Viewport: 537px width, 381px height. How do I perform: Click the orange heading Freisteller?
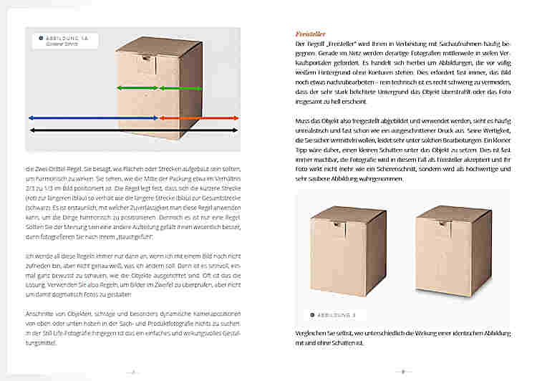312,33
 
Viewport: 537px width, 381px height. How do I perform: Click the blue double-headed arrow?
93,117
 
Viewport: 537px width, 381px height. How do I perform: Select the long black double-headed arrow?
133,130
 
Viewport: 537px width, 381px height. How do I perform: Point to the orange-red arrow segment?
198,117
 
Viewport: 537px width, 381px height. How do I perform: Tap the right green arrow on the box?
200,87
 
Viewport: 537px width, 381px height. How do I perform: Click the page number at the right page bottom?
402,372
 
